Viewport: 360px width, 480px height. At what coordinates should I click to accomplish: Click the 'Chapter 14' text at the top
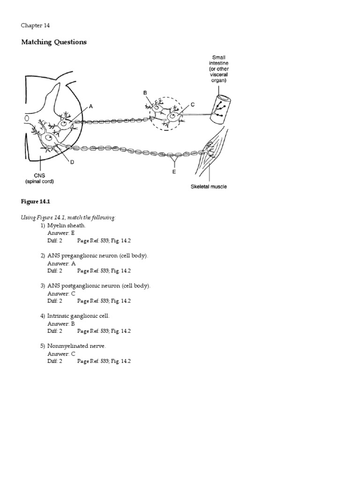point(35,25)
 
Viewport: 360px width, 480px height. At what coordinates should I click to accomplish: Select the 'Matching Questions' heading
point(54,42)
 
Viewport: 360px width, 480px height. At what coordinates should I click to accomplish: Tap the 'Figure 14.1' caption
point(35,201)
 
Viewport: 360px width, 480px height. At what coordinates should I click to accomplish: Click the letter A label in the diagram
point(91,106)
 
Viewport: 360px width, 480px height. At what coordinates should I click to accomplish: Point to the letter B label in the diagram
point(145,93)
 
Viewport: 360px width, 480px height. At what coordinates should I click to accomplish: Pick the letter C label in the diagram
point(192,105)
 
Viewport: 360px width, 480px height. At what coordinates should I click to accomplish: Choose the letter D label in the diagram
point(72,162)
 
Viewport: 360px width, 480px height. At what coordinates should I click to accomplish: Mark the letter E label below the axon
point(174,171)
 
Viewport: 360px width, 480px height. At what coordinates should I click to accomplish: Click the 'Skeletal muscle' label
point(209,187)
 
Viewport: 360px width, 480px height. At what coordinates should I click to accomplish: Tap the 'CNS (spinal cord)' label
point(42,179)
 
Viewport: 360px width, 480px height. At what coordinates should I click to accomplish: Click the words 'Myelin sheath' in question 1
point(67,225)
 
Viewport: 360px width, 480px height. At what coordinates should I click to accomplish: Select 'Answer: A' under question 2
point(61,263)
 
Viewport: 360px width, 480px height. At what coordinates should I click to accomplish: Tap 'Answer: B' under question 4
point(61,323)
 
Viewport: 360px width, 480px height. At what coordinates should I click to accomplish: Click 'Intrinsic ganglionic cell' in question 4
point(78,316)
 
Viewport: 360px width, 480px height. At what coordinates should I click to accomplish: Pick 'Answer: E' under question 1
point(61,233)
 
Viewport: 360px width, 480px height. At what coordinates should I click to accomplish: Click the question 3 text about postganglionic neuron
point(99,286)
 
